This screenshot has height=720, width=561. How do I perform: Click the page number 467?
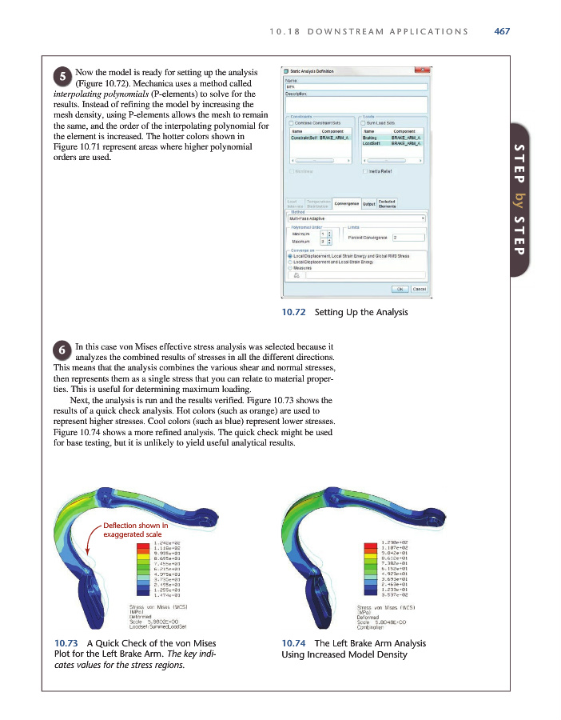coord(502,31)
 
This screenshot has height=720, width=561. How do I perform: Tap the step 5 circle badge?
coord(63,77)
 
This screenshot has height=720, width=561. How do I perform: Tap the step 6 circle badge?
coord(62,350)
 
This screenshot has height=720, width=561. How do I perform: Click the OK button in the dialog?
coord(400,289)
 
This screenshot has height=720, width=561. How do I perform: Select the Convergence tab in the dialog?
coord(347,203)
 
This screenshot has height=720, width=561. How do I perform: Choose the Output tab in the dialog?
coord(368,203)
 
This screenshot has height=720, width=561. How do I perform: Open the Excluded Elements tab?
coord(387,203)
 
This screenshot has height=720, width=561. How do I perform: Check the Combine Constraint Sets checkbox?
coord(291,123)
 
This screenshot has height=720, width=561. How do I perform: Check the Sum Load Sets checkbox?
coord(364,123)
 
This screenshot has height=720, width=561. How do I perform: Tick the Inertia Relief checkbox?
coord(364,170)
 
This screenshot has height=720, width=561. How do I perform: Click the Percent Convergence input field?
coord(408,238)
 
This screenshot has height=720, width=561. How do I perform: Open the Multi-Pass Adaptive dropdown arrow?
coord(422,218)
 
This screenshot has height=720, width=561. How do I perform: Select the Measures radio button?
coord(290,268)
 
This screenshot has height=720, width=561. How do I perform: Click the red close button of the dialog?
coord(422,72)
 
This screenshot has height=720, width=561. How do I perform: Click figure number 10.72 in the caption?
coord(296,311)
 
